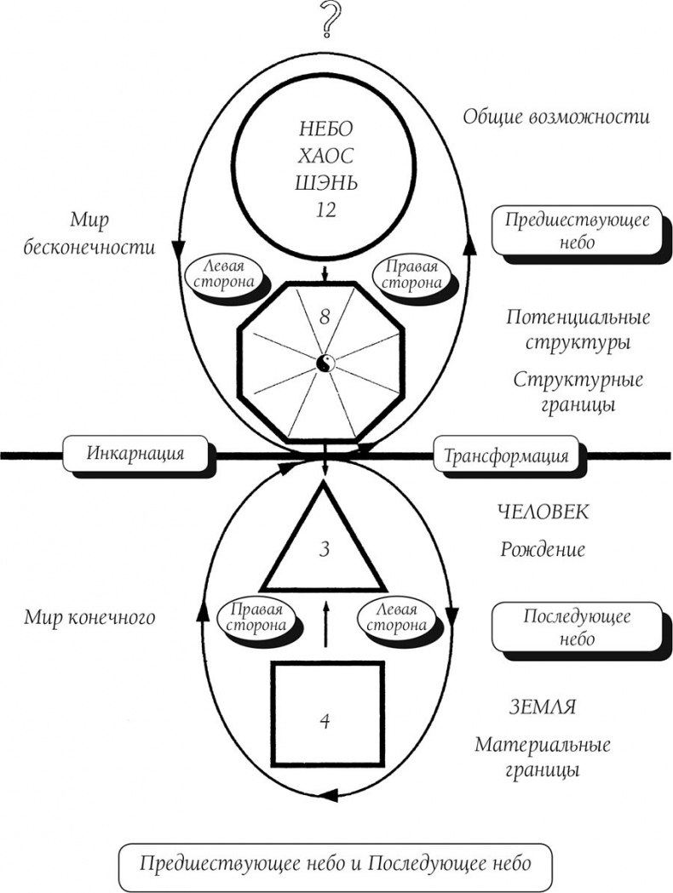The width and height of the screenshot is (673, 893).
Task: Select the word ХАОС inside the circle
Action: coord(325,157)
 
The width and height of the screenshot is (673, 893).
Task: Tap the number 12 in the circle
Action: coord(325,210)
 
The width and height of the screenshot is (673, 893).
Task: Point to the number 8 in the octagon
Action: coord(325,316)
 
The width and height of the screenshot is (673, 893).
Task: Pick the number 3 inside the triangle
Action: coord(325,549)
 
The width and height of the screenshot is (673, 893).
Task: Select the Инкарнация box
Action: coord(135,453)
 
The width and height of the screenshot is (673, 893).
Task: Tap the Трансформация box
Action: coord(505,455)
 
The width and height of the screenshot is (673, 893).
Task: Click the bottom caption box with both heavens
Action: coord(336,863)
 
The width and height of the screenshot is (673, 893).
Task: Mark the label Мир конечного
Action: coord(89,617)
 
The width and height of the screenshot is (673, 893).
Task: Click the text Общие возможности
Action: coord(555,117)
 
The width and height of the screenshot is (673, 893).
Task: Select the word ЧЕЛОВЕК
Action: coord(543,512)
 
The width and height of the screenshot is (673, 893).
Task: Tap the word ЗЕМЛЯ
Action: coord(543,707)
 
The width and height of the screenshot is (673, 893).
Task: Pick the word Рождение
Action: coord(543,549)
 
